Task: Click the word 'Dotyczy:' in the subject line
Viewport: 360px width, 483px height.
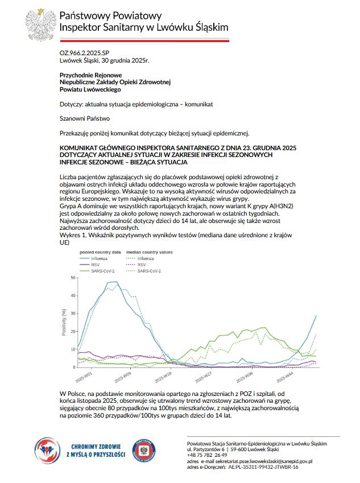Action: (x=71, y=105)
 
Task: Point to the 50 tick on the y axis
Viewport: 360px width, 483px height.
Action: (x=72, y=278)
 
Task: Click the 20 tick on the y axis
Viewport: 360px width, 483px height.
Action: (x=72, y=331)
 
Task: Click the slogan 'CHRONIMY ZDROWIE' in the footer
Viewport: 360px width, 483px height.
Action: (x=93, y=447)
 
